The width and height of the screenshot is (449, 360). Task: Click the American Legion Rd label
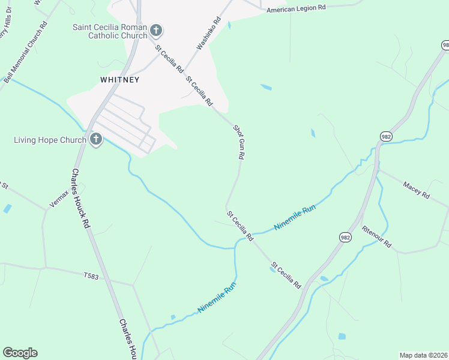pos(296,9)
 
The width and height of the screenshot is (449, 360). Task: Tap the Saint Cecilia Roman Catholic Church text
pos(109,31)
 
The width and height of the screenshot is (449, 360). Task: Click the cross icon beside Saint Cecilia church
pos(156,30)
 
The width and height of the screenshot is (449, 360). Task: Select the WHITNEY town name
pos(120,79)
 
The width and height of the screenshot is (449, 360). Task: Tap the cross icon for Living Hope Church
pos(95,140)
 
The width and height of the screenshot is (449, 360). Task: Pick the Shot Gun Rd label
pos(239,142)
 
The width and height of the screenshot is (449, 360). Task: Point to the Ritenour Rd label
pos(376,236)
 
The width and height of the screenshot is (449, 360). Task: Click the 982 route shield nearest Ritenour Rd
pos(345,237)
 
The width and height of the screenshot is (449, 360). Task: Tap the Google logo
pos(20,353)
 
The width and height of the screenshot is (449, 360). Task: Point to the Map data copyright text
pos(423,355)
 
